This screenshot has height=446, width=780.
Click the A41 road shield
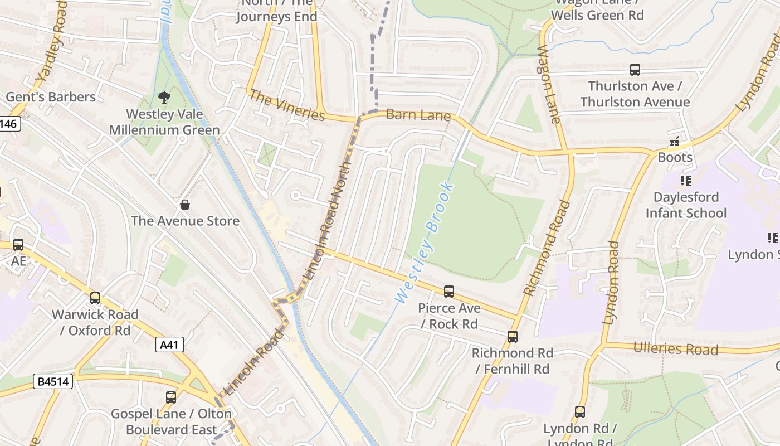(169, 345)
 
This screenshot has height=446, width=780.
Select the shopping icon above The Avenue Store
(185, 205)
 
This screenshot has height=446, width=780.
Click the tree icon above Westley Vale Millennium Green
(164, 98)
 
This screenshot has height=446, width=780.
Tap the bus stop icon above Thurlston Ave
(635, 70)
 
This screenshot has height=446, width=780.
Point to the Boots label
(675, 157)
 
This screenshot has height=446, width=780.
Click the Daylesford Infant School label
(686, 205)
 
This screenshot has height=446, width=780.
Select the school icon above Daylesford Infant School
(685, 181)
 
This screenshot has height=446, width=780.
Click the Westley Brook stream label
(425, 243)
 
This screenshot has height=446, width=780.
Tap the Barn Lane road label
(418, 115)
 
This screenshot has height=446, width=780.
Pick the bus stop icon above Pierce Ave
(448, 292)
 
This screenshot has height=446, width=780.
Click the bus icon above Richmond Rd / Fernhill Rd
(512, 337)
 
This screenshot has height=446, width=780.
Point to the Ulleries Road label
(675, 349)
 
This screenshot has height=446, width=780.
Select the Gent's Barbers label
(51, 97)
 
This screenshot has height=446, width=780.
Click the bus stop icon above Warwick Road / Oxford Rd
(95, 298)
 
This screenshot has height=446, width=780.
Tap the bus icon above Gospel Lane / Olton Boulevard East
(171, 397)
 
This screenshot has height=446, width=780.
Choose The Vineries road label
(286, 105)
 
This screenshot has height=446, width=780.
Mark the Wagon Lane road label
(548, 84)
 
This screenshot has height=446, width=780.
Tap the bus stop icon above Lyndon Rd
(580, 412)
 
